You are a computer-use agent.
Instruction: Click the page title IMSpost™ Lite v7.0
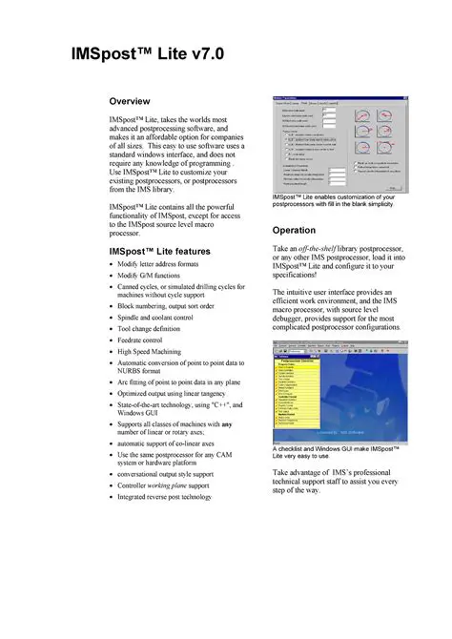(x=149, y=54)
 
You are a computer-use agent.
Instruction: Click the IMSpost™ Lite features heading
(x=160, y=251)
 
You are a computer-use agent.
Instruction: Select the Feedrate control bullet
(x=148, y=339)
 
